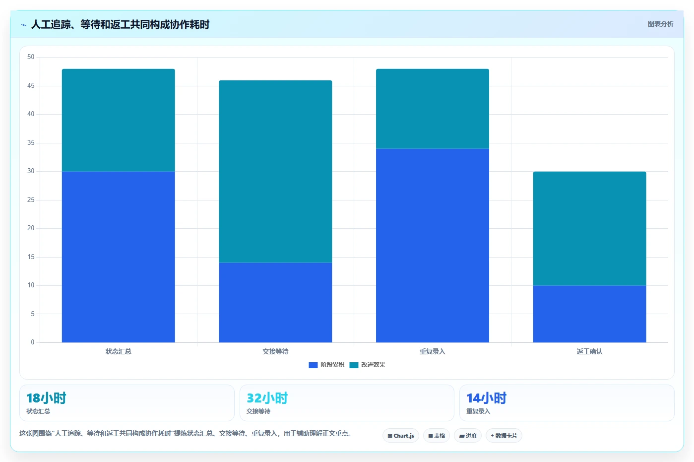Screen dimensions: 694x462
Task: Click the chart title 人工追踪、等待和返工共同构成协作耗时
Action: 120,24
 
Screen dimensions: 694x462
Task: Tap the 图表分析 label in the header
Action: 661,24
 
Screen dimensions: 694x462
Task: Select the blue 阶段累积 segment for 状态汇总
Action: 119,257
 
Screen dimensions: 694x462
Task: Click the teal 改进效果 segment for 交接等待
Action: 275,171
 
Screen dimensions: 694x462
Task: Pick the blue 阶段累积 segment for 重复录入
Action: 433,246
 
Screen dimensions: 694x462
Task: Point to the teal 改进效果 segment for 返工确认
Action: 590,228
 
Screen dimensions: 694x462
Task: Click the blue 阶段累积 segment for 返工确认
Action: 590,314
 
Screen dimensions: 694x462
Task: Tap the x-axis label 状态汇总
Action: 119,351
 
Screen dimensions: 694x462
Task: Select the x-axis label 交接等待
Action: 275,351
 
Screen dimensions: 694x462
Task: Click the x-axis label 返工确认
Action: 590,351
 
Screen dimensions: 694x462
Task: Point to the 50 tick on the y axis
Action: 31,57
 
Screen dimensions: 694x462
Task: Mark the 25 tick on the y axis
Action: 31,200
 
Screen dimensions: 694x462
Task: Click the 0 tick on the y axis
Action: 33,342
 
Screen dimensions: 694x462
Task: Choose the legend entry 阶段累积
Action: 326,365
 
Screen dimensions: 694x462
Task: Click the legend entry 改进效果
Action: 368,365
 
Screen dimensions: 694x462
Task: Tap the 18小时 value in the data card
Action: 46,398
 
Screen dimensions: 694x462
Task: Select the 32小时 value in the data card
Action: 267,398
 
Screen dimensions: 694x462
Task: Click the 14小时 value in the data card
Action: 487,398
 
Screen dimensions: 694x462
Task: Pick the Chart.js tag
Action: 401,436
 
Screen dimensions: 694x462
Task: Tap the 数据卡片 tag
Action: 504,436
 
